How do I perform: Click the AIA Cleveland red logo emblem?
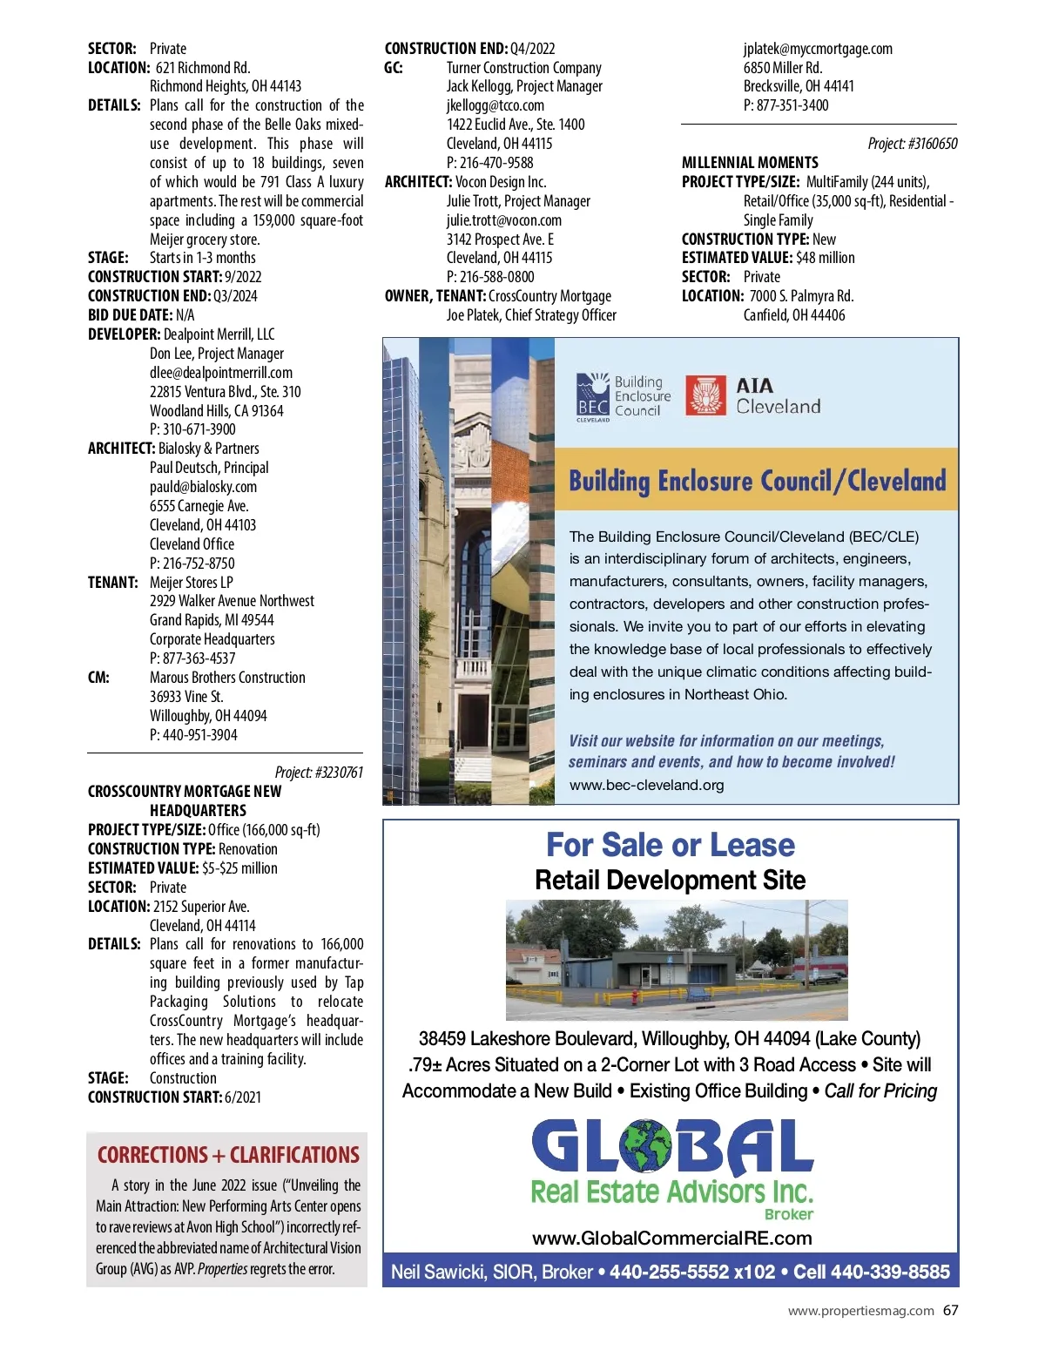[x=706, y=395]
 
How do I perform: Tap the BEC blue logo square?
[x=593, y=396]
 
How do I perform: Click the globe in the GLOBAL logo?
[x=645, y=1146]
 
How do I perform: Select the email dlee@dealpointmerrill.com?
[x=221, y=373]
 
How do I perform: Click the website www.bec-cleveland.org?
[x=646, y=785]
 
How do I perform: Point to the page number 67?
[x=950, y=1310]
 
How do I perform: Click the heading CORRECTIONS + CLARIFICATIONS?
[x=228, y=1155]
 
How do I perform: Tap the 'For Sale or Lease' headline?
[x=670, y=845]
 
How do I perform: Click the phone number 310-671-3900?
[x=199, y=429]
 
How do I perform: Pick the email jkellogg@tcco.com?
[x=495, y=105]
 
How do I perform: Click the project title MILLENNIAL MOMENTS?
[x=750, y=163]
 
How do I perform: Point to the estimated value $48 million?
[x=826, y=258]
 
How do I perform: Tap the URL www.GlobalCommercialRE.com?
[x=671, y=1238]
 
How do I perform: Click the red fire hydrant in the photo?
[x=634, y=996]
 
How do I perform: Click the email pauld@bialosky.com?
[x=203, y=487]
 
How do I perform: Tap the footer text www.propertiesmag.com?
[x=860, y=1311]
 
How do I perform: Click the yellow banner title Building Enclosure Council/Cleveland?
[x=757, y=481]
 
